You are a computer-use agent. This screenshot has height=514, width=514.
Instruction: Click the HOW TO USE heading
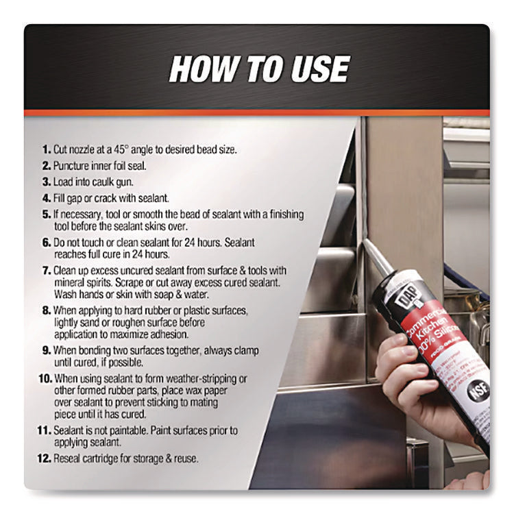258,69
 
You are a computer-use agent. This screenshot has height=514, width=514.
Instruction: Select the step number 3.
45,182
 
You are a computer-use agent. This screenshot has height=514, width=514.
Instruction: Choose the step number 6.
45,243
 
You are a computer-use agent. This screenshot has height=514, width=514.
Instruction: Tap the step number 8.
45,310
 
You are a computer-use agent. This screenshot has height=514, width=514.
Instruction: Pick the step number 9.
45,350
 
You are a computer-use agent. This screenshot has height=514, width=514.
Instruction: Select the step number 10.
44,379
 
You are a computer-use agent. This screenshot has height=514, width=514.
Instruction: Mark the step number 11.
44,430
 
